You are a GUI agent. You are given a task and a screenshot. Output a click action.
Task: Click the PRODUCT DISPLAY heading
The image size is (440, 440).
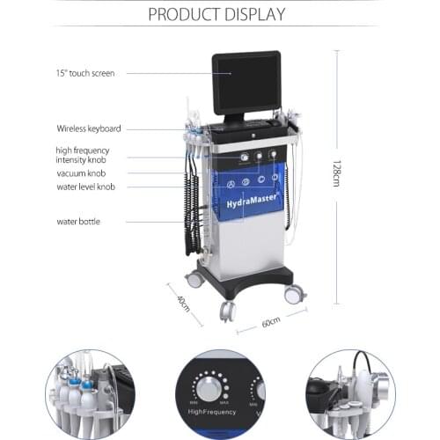pos(216,13)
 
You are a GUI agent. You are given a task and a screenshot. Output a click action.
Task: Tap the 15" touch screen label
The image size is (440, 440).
pos(85,73)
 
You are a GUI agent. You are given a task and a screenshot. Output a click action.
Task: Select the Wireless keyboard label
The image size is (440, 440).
pos(89,128)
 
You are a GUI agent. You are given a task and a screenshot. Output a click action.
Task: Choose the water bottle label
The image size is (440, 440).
pos(78,221)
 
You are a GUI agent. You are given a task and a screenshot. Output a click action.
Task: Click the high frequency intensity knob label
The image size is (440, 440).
pos(87,156)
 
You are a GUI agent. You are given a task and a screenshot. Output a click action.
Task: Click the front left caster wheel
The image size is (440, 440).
pos(227,311)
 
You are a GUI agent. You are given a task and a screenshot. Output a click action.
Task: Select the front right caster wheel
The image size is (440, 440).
pos(293,294)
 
